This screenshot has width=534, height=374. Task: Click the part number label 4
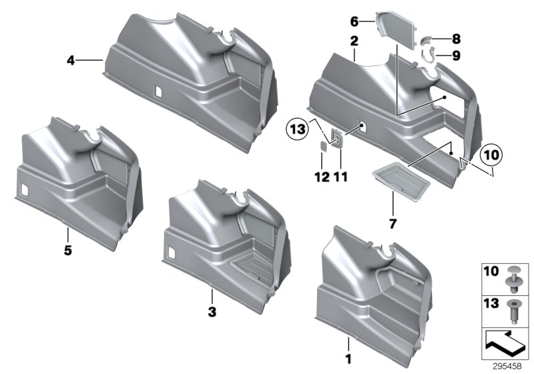point(70,61)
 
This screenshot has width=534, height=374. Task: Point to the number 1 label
point(348,359)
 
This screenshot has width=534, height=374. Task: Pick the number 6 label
point(373,21)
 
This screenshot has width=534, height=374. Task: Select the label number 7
point(392,223)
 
